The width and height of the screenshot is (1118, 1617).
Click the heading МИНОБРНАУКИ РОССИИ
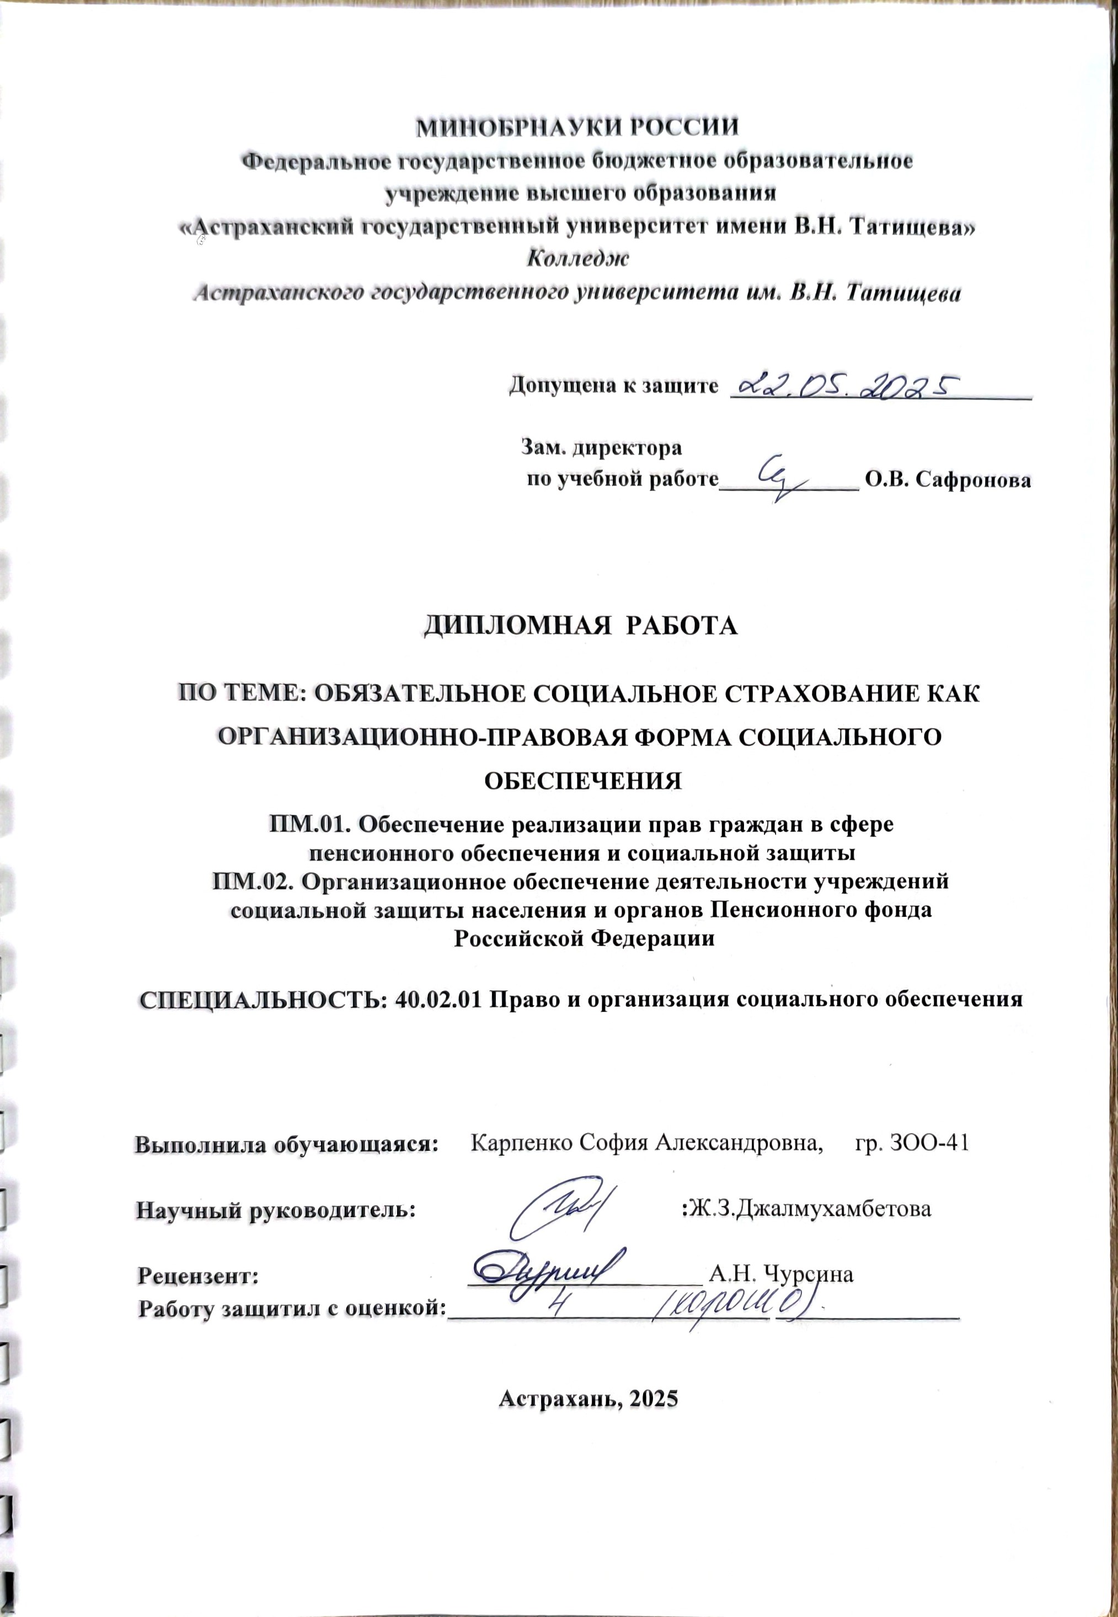pos(578,130)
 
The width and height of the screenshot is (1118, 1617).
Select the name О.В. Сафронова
pos(948,481)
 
